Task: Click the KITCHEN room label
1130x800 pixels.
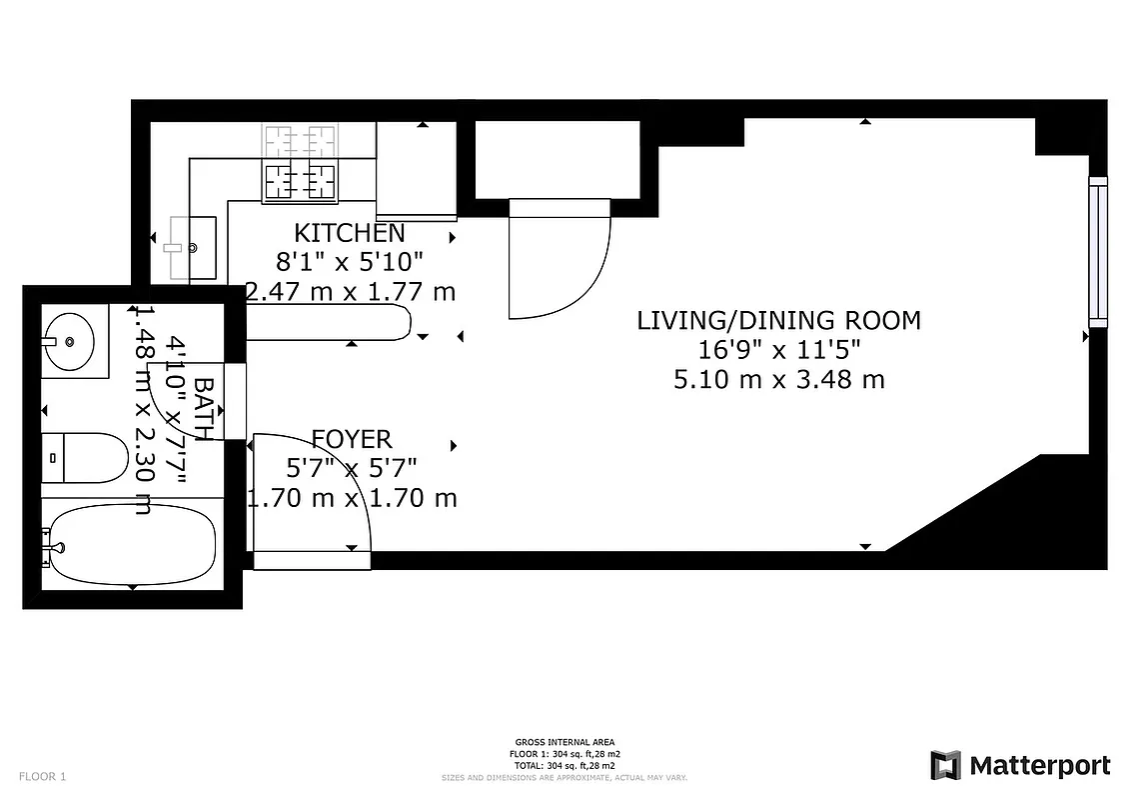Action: pyautogui.click(x=350, y=233)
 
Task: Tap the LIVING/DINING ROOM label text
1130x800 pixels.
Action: pyautogui.click(x=778, y=320)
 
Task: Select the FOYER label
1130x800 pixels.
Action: pyautogui.click(x=352, y=438)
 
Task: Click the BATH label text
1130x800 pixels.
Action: pyautogui.click(x=203, y=408)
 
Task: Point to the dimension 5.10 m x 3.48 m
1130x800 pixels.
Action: pyautogui.click(x=778, y=380)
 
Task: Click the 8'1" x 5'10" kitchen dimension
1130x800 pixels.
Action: pyautogui.click(x=350, y=262)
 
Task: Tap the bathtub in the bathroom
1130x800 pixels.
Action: pyautogui.click(x=131, y=546)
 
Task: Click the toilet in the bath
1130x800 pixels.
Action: pyautogui.click(x=87, y=457)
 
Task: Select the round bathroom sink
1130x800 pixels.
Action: pyautogui.click(x=69, y=341)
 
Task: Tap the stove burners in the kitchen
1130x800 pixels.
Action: pyautogui.click(x=299, y=180)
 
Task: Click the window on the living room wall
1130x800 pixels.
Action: pyautogui.click(x=1098, y=251)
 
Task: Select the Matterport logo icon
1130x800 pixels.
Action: pyautogui.click(x=945, y=765)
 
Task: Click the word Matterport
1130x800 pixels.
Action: pyautogui.click(x=1039, y=766)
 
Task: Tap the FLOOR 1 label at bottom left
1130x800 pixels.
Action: pyautogui.click(x=42, y=776)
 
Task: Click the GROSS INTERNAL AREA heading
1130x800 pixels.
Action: pyautogui.click(x=565, y=742)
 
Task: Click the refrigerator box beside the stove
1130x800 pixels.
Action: pyautogui.click(x=417, y=170)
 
